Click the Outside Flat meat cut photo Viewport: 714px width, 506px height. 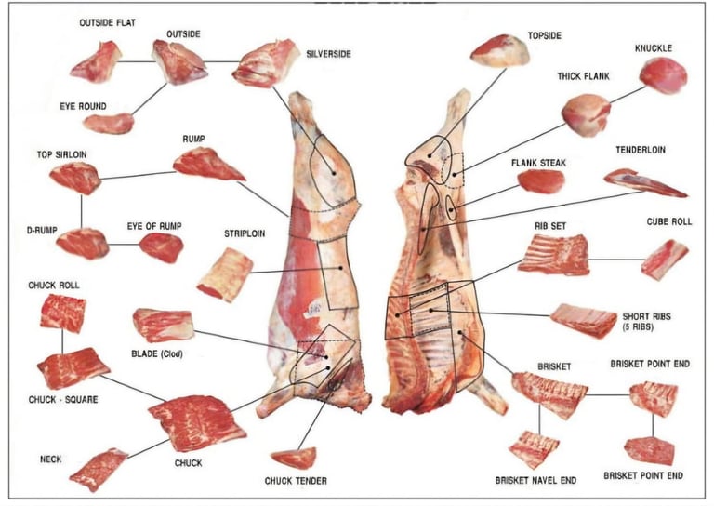pyautogui.click(x=95, y=62)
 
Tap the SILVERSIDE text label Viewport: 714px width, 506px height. pyautogui.click(x=328, y=54)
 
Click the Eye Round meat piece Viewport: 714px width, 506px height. pyautogui.click(x=108, y=123)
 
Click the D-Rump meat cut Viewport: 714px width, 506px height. pyautogui.click(x=82, y=243)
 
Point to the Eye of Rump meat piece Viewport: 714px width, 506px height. pyautogui.click(x=161, y=247)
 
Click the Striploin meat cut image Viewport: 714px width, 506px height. pyautogui.click(x=224, y=275)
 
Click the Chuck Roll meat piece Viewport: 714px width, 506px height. pyautogui.click(x=62, y=313)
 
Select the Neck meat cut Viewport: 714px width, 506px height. pyautogui.click(x=98, y=469)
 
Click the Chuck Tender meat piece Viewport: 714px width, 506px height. pyautogui.click(x=293, y=458)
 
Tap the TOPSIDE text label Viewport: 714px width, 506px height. pyautogui.click(x=545, y=34)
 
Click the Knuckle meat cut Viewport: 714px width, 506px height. pyautogui.click(x=663, y=74)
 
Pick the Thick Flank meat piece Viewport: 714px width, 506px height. pyautogui.click(x=586, y=114)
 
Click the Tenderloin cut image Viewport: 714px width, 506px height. pyautogui.click(x=644, y=182)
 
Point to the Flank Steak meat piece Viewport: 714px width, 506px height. pyautogui.click(x=540, y=181)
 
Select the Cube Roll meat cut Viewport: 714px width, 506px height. pyautogui.click(x=665, y=260)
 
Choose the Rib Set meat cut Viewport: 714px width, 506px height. pyautogui.click(x=553, y=254)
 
